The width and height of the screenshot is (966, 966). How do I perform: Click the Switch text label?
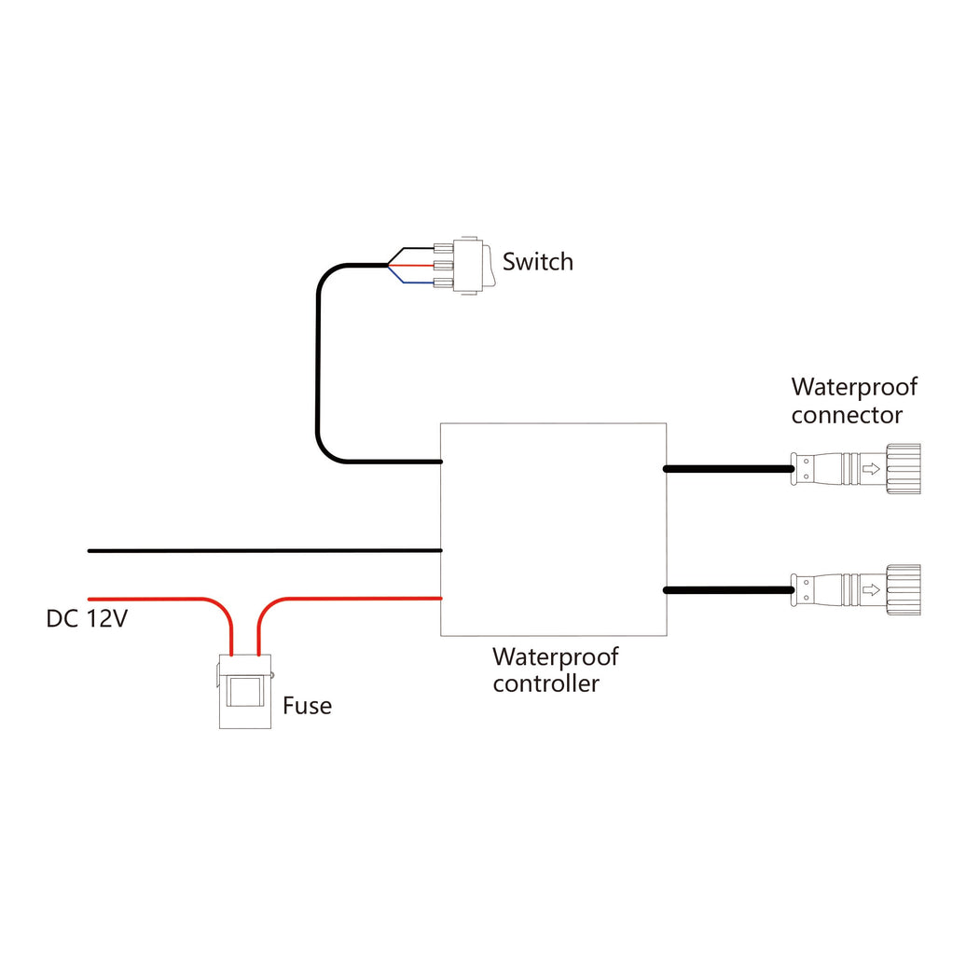pyautogui.click(x=538, y=262)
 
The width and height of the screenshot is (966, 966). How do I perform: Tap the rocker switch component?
pyautogui.click(x=468, y=266)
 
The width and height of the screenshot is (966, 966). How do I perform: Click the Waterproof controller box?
pyautogui.click(x=553, y=529)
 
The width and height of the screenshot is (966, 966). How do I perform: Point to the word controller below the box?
pyautogui.click(x=545, y=683)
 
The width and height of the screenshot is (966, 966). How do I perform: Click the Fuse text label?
pyautogui.click(x=307, y=706)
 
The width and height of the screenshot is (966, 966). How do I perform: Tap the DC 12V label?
pyautogui.click(x=86, y=618)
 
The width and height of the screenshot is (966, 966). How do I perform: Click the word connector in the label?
pyautogui.click(x=847, y=414)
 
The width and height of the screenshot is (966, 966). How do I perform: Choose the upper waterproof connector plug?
pyautogui.click(x=853, y=469)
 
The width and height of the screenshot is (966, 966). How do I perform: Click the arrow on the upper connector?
pyautogui.click(x=869, y=469)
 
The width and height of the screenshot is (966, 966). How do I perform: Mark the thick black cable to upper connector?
pyautogui.click(x=727, y=469)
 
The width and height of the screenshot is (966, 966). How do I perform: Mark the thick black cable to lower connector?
pyautogui.click(x=727, y=589)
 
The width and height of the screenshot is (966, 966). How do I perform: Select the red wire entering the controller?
pyautogui.click(x=354, y=598)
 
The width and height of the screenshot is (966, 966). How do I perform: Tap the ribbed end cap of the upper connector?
pyautogui.click(x=904, y=469)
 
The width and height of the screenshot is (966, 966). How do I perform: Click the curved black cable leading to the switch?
pyautogui.click(x=319, y=373)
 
